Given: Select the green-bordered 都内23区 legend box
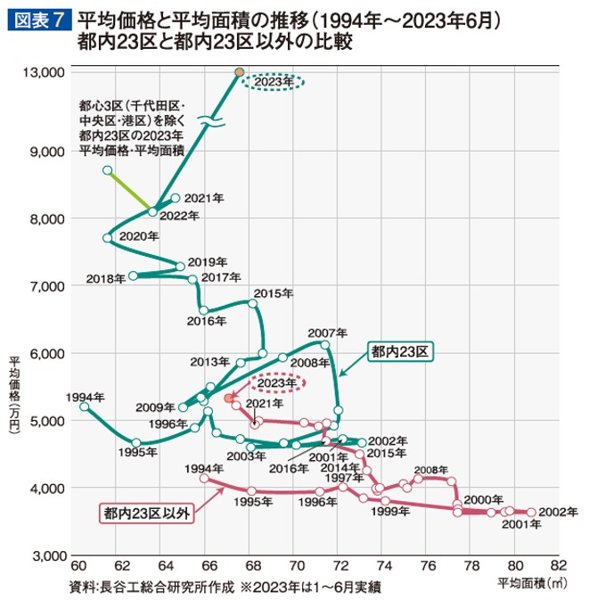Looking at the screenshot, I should point(403,351).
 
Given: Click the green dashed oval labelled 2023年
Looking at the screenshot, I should point(274,82).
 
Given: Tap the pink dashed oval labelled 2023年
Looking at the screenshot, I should point(275,383).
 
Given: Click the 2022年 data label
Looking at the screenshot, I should point(179,217).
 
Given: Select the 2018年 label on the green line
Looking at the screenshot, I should point(106,279).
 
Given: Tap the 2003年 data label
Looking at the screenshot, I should point(241,456).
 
